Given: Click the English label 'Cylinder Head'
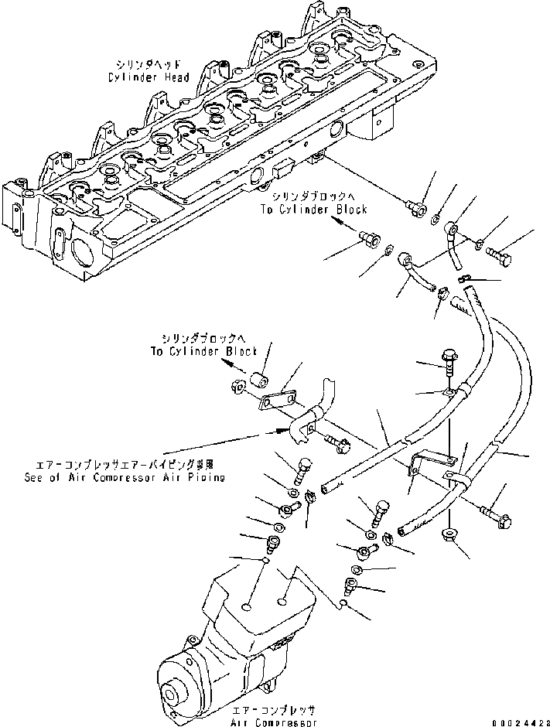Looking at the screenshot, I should [x=146, y=77].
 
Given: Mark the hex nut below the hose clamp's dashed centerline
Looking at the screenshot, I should [x=449, y=535].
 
